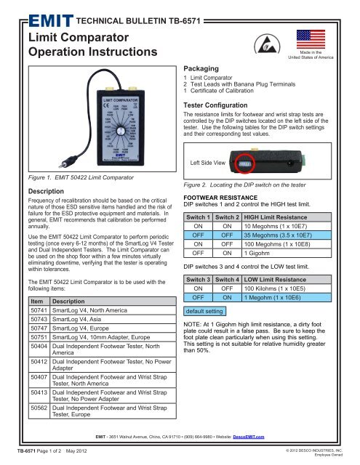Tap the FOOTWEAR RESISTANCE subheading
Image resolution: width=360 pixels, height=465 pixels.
[223, 216]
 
